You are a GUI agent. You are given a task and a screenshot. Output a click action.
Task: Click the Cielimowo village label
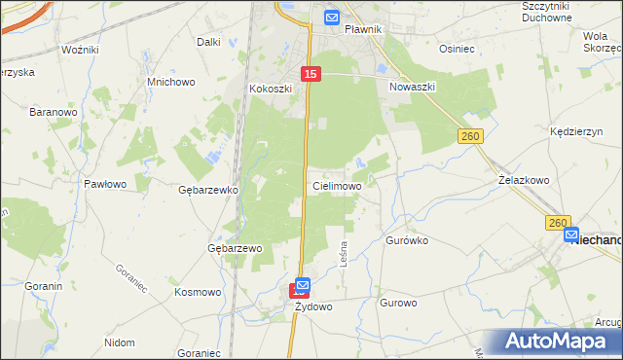click(337, 185)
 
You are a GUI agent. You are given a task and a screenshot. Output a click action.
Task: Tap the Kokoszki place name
click(270, 89)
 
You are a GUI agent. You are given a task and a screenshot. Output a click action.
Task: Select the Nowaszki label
click(412, 87)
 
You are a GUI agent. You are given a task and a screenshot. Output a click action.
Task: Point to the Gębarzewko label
click(208, 190)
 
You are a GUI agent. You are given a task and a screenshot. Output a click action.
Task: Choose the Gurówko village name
click(407, 239)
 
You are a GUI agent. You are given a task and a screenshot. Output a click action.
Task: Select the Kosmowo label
click(198, 292)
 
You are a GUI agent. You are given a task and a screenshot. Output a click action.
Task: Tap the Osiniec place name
click(457, 49)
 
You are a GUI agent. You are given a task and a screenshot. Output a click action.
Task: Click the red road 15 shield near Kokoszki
click(311, 74)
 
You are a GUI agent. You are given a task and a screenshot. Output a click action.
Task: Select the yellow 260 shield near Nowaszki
click(471, 137)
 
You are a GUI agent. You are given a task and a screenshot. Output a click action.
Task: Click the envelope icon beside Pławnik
click(331, 17)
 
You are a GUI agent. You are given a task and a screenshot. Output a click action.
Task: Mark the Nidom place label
click(119, 342)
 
